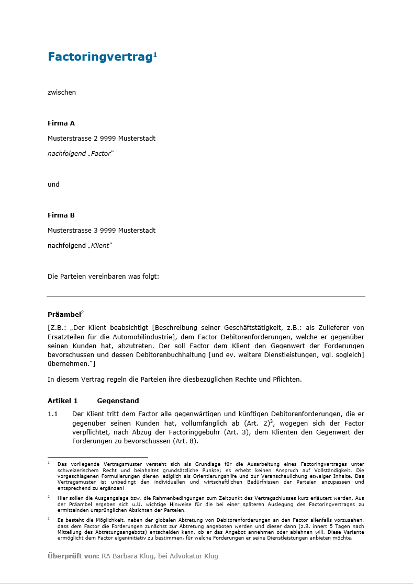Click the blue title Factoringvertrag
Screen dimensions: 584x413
coord(99,57)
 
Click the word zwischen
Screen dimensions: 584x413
coord(62,93)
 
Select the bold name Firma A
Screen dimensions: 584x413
coord(61,123)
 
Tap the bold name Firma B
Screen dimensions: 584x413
coord(61,215)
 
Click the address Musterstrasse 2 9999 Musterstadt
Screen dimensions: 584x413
coord(102,139)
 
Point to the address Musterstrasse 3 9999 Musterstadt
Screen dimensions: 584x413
coord(102,230)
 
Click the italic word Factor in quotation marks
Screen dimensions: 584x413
coord(101,154)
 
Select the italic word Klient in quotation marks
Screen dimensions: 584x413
coord(100,245)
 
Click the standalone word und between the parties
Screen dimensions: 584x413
coord(53,184)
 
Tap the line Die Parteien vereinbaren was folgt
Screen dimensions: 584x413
coord(103,276)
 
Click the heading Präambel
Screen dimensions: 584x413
coord(64,315)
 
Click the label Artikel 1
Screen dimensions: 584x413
coord(62,401)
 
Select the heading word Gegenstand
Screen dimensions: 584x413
coord(118,401)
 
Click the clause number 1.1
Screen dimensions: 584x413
coord(52,414)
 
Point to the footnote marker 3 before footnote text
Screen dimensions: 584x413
coord(49,519)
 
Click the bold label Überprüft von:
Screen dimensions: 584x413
coord(73,556)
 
